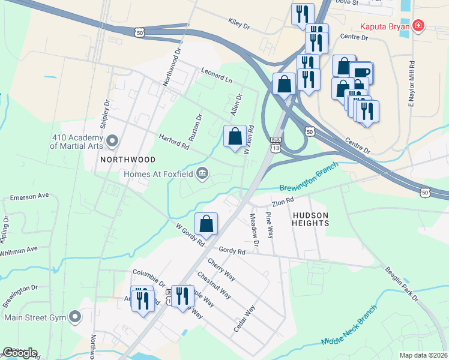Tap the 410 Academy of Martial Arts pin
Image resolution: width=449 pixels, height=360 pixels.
coord(112,142)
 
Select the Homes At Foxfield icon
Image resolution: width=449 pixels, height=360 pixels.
coord(203,174)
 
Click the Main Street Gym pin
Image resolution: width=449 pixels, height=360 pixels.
coord(74,316)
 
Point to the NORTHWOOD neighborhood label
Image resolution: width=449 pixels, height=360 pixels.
coord(128,160)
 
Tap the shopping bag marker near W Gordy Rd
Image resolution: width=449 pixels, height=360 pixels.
coord(206,224)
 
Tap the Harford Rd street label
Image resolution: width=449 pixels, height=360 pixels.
coord(174,142)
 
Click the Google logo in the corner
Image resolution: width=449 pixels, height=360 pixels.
coord(20,353)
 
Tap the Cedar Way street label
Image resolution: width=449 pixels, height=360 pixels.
coord(245,319)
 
